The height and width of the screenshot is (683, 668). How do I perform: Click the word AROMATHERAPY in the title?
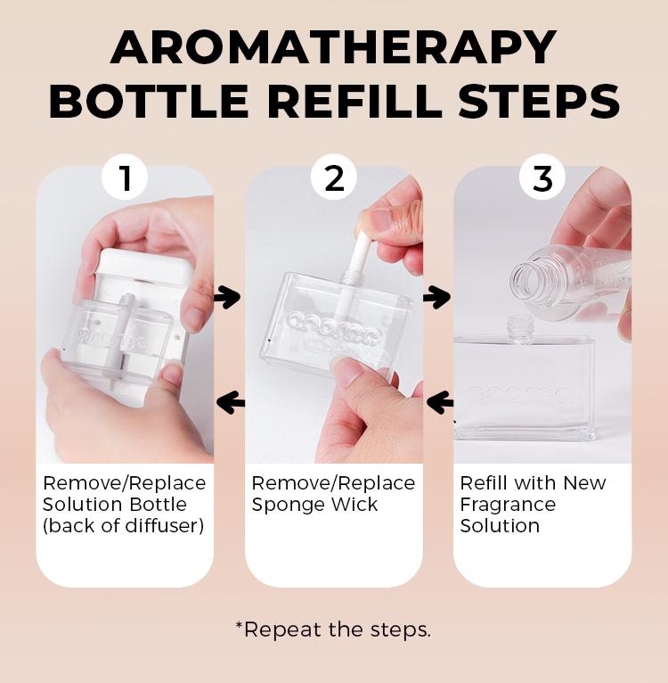point(333,46)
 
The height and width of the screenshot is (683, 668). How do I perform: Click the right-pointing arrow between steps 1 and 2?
point(228,297)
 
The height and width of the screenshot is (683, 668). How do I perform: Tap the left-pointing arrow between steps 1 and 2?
point(230,403)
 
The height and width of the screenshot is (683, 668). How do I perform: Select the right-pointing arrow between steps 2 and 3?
point(437,297)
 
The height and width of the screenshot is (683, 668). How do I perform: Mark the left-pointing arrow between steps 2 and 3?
point(439,403)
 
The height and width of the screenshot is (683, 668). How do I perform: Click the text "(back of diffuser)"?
point(123,526)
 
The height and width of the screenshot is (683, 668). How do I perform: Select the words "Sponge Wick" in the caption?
point(314,505)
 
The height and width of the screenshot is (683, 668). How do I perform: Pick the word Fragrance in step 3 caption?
point(508,505)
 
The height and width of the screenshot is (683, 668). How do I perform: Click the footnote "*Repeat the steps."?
point(333,630)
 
